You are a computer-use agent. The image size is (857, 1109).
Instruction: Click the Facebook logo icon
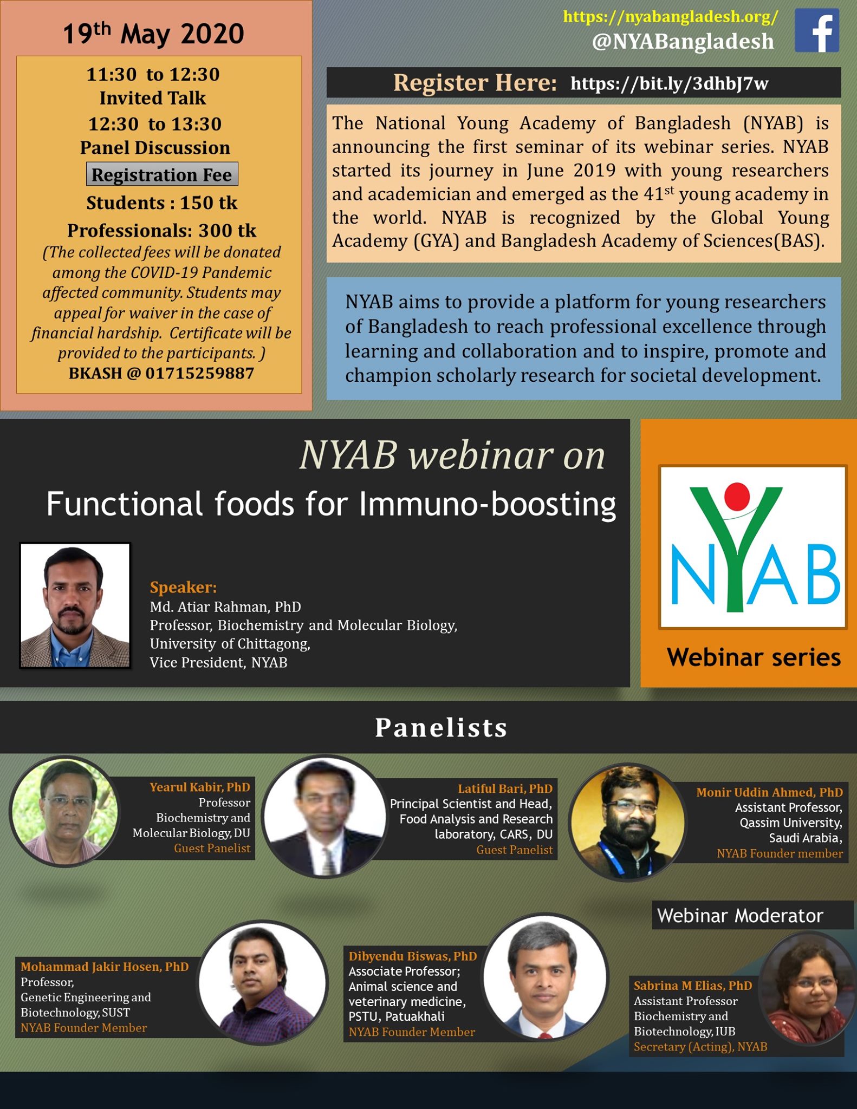817,30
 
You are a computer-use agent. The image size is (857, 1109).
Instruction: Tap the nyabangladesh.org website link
671,16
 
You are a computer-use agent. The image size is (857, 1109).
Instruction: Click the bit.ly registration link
670,83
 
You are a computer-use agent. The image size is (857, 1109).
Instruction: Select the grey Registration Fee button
162,174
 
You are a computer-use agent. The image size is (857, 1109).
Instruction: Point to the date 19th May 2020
153,34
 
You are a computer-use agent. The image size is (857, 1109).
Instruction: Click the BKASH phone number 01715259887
200,373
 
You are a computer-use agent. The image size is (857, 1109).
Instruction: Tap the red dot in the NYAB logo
737,496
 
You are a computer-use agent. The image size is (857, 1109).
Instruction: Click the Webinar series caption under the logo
754,657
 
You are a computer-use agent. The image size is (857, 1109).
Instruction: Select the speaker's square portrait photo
75,605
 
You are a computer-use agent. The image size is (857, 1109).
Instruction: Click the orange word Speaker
183,587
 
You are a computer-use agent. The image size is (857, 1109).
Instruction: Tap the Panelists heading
442,727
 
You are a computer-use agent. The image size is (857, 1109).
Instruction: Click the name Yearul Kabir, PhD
200,787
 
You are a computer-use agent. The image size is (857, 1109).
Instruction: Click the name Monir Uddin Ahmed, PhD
769,792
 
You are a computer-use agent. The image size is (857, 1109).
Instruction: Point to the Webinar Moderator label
740,916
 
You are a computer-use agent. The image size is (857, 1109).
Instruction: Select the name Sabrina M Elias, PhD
693,986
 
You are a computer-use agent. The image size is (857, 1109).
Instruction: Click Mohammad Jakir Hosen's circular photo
263,982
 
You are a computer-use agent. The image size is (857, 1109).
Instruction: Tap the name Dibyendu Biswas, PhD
413,956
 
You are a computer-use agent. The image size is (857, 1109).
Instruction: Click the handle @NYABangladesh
683,42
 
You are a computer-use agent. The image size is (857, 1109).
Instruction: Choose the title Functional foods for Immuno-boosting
331,504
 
